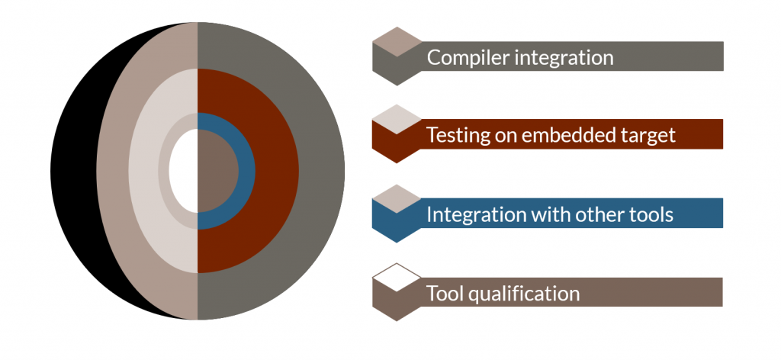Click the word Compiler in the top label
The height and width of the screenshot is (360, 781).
point(468,57)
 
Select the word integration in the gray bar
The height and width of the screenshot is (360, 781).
point(564,58)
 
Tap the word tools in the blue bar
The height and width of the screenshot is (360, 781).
point(653,214)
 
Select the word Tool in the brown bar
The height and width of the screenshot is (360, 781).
point(445,293)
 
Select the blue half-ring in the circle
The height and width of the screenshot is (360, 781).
point(247,171)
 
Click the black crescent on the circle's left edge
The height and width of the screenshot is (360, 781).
point(74,171)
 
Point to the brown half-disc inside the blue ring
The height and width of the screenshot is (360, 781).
point(217,171)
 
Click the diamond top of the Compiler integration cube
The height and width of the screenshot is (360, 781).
point(397,41)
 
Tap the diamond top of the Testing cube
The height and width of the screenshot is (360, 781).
point(397,119)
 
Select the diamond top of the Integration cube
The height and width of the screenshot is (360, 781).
point(397,198)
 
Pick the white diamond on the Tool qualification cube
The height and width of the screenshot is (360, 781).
point(397,278)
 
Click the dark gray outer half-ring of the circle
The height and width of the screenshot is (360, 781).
point(321,171)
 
